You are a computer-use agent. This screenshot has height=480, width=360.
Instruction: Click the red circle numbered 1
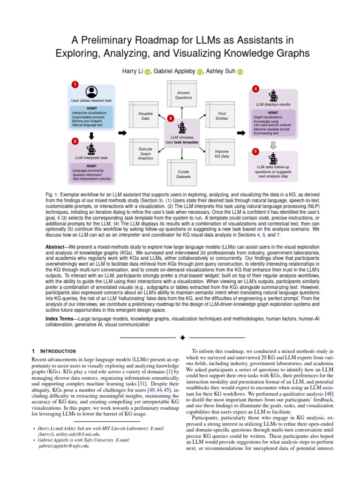(74, 84)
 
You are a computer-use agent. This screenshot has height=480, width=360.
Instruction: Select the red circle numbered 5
(255, 151)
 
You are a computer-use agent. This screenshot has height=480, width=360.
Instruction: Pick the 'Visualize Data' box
(145, 116)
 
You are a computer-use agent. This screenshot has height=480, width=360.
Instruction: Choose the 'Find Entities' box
(222, 116)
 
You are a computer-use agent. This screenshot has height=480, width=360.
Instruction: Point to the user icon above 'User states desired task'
(92, 92)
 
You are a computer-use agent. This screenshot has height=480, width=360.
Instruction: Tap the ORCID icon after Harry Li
(147, 71)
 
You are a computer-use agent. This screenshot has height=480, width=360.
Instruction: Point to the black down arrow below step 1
(92, 136)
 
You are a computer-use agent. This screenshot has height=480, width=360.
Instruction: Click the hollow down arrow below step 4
(273, 144)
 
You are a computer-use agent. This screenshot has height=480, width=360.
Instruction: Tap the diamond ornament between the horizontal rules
(182, 337)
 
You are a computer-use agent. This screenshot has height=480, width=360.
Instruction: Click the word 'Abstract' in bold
(57, 247)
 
